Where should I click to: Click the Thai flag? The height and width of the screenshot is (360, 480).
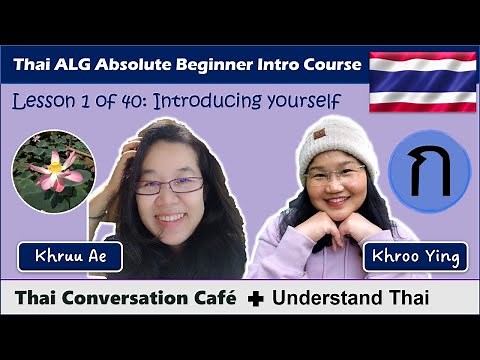click(x=422, y=79)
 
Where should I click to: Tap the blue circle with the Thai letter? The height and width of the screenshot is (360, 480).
click(x=428, y=171)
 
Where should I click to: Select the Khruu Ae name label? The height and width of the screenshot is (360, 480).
click(x=69, y=257)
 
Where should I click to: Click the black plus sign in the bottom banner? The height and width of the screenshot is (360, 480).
click(x=255, y=298)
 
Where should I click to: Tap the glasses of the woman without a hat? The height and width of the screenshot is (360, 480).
click(x=169, y=185)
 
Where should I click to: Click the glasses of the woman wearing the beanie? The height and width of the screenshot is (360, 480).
click(x=335, y=177)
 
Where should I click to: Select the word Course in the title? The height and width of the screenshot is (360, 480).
click(x=329, y=65)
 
